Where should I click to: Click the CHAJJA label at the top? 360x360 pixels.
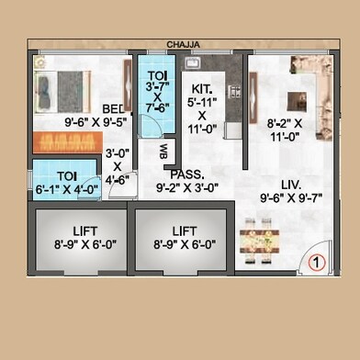[x=183, y=45]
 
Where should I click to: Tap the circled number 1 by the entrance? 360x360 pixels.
[x=317, y=263]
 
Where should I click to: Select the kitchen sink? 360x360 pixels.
[x=193, y=63]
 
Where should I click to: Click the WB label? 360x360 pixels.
[x=163, y=152]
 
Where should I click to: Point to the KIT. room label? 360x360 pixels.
[x=202, y=89]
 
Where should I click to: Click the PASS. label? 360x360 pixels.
[x=187, y=174]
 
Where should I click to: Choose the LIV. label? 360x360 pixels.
[x=291, y=185]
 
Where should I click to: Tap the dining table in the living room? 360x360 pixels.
[x=259, y=242]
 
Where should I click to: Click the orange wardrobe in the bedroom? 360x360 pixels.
[x=68, y=142]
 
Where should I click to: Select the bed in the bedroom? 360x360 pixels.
[x=62, y=92]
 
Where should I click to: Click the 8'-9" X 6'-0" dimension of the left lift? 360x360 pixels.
[x=85, y=244]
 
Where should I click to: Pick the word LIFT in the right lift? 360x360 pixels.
[x=185, y=231]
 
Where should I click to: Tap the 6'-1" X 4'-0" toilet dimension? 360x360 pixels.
[x=68, y=189]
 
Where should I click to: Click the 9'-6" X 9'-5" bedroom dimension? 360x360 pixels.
[x=96, y=122]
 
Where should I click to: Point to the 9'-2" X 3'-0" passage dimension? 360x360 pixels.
[x=187, y=187]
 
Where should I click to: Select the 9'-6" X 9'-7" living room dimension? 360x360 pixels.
[x=291, y=198]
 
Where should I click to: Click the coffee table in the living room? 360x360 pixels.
[x=297, y=101]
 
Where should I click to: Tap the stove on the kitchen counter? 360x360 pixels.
[x=234, y=92]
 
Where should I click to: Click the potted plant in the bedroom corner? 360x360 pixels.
[x=39, y=62]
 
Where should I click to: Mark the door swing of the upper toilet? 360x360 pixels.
[x=151, y=125]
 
